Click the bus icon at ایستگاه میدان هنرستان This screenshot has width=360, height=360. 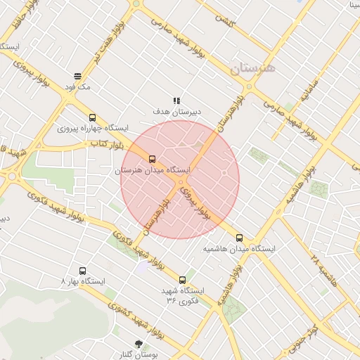153,159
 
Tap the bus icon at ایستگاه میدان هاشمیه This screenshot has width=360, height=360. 240,238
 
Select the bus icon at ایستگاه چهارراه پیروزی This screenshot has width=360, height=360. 92,117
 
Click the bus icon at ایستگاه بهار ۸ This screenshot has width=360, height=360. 83,270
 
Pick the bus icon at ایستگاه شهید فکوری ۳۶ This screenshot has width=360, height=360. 183,280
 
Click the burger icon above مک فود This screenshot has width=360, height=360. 77,75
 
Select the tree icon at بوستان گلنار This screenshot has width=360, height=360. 137,344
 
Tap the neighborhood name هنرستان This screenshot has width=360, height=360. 254,67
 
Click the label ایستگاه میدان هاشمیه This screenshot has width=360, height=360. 240,249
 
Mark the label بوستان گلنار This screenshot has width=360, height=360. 138,355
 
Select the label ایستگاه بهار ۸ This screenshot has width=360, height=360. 83,281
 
